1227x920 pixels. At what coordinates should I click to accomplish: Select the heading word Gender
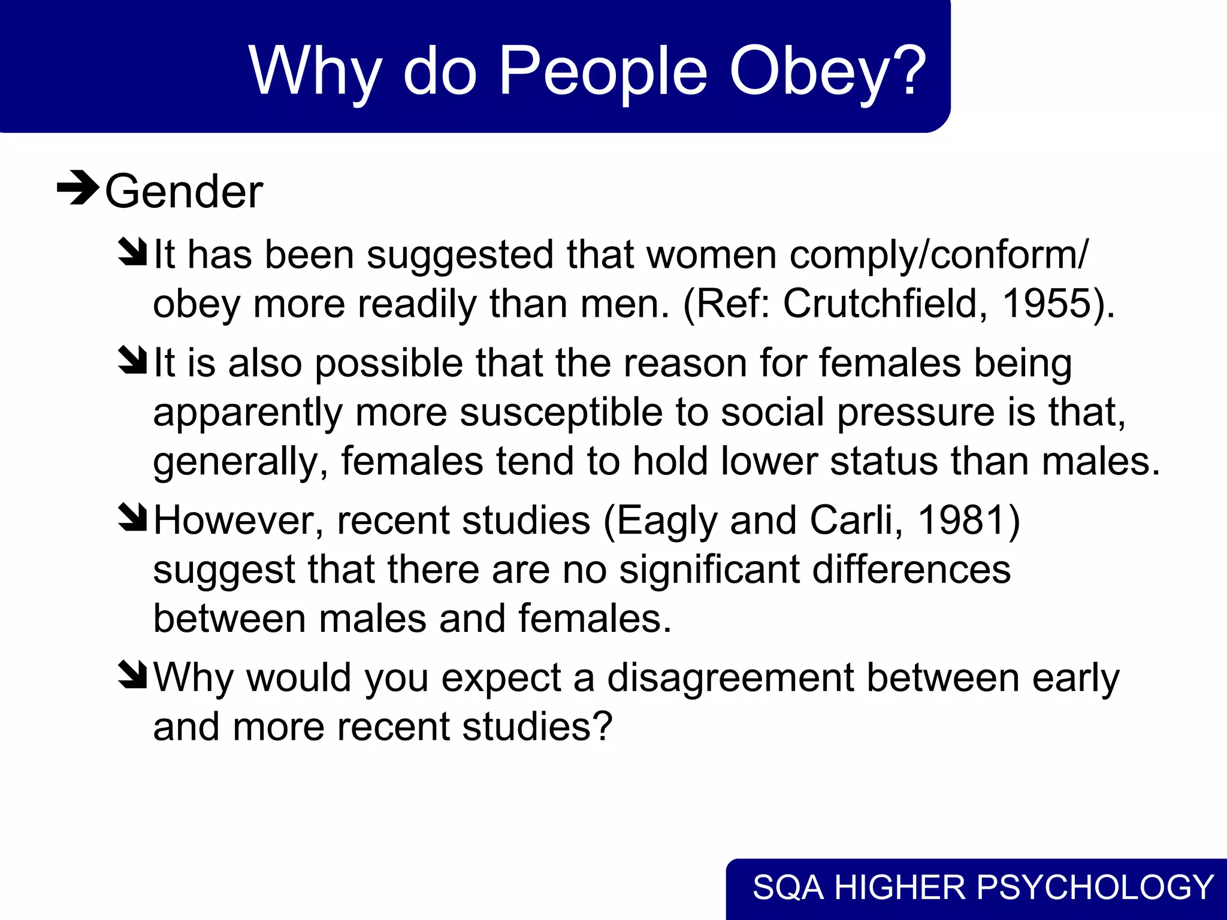tap(184, 192)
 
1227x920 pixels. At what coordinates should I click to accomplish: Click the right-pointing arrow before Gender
tap(78, 188)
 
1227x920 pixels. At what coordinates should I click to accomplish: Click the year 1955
tap(1046, 303)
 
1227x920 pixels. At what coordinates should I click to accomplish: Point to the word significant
tap(709, 570)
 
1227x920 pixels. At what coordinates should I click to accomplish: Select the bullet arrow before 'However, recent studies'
tap(133, 516)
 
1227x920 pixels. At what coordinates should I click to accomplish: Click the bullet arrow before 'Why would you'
tap(133, 674)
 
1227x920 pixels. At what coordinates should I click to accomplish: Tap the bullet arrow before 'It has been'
tap(133, 252)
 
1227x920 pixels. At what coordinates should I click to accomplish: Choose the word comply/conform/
tap(939, 256)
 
